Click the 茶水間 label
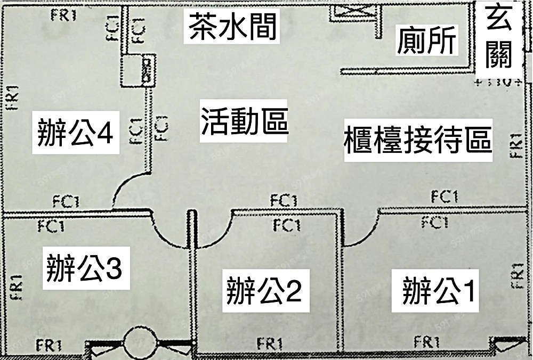coord(233,27)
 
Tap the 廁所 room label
coord(427,40)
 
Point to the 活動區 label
coord(244,120)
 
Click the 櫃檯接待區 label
coord(418,140)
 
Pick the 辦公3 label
coord(84,269)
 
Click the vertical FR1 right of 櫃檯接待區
coord(515,145)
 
